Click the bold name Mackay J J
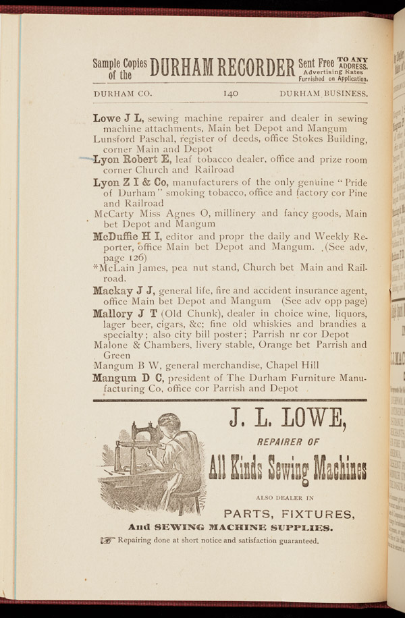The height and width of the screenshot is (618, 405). [x=125, y=291]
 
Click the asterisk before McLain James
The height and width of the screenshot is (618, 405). [x=96, y=266]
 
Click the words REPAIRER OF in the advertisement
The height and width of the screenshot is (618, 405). [x=288, y=444]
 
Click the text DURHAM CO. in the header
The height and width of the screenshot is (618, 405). [x=123, y=94]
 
